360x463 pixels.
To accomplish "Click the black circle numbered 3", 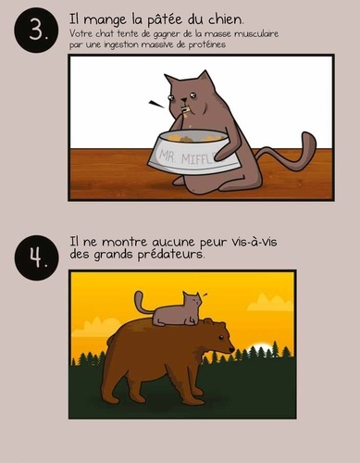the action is point(36,31).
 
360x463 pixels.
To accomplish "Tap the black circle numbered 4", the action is point(36,257).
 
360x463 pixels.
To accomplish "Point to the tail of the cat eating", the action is point(287,152).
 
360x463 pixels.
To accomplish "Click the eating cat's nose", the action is point(184,99).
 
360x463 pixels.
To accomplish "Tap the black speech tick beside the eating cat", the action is point(156,105).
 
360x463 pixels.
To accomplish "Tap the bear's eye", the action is point(220,337).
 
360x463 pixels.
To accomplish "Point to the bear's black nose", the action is point(231,350).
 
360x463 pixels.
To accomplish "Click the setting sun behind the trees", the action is point(261,347).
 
